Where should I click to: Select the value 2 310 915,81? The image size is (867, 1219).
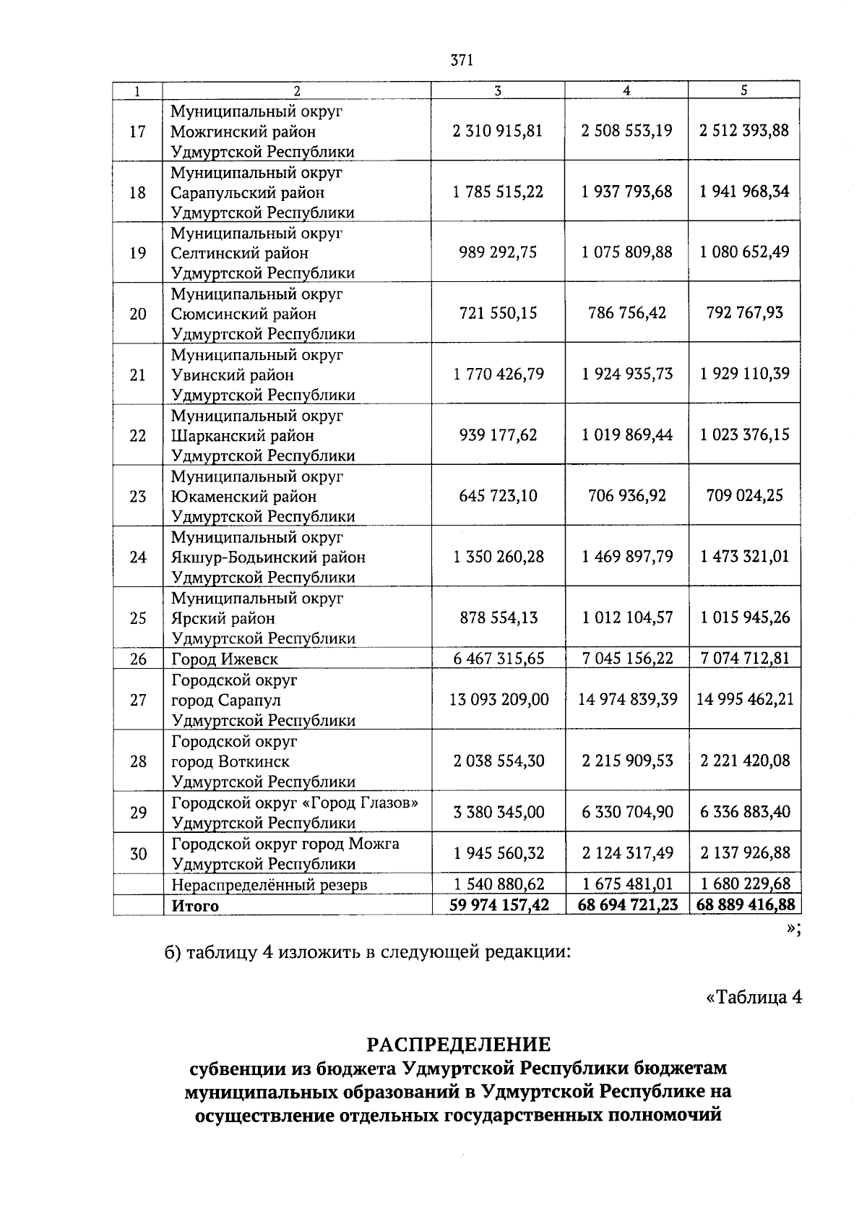[x=498, y=131]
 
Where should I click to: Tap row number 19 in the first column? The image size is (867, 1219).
[x=137, y=253]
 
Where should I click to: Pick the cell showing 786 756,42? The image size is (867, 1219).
[x=626, y=313]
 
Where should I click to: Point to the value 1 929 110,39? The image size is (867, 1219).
[x=745, y=374]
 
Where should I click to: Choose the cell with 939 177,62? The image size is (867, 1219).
[x=498, y=435]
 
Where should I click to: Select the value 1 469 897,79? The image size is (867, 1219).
[x=626, y=557]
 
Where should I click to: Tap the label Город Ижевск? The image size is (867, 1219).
[x=224, y=659]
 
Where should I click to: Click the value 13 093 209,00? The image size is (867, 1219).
[x=499, y=700]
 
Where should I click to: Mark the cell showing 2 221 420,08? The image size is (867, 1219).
[x=745, y=761]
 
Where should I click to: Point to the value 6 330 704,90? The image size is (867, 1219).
[x=626, y=812]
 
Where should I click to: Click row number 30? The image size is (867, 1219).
[x=137, y=854]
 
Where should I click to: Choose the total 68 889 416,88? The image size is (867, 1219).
[x=745, y=904]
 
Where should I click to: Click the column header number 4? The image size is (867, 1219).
[x=626, y=90]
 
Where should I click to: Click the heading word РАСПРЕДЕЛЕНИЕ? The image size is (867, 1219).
[x=459, y=1044]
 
